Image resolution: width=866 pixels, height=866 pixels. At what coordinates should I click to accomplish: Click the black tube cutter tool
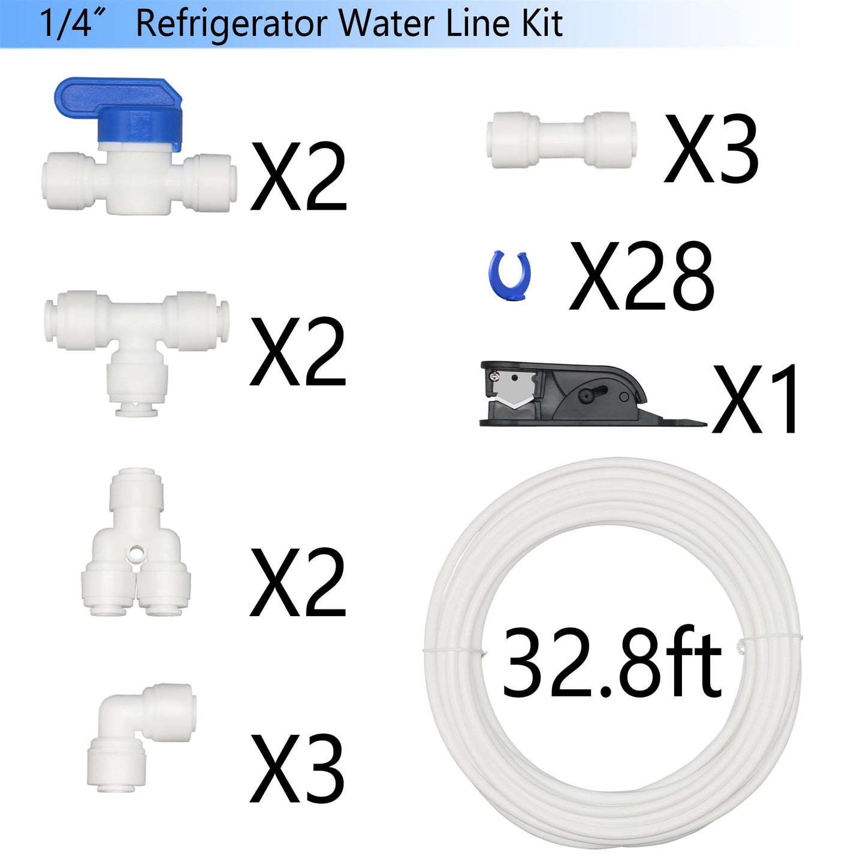click(575, 394)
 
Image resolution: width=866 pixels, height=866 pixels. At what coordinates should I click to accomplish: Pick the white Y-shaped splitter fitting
click(135, 557)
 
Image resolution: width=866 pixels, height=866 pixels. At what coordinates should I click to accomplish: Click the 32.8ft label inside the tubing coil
click(611, 664)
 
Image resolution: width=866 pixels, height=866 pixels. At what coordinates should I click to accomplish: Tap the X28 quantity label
click(641, 277)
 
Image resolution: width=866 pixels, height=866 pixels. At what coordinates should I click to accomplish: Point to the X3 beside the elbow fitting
click(297, 770)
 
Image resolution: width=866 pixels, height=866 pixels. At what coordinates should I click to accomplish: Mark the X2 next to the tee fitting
click(298, 352)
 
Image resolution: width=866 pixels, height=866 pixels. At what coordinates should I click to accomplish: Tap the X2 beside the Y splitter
click(298, 583)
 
